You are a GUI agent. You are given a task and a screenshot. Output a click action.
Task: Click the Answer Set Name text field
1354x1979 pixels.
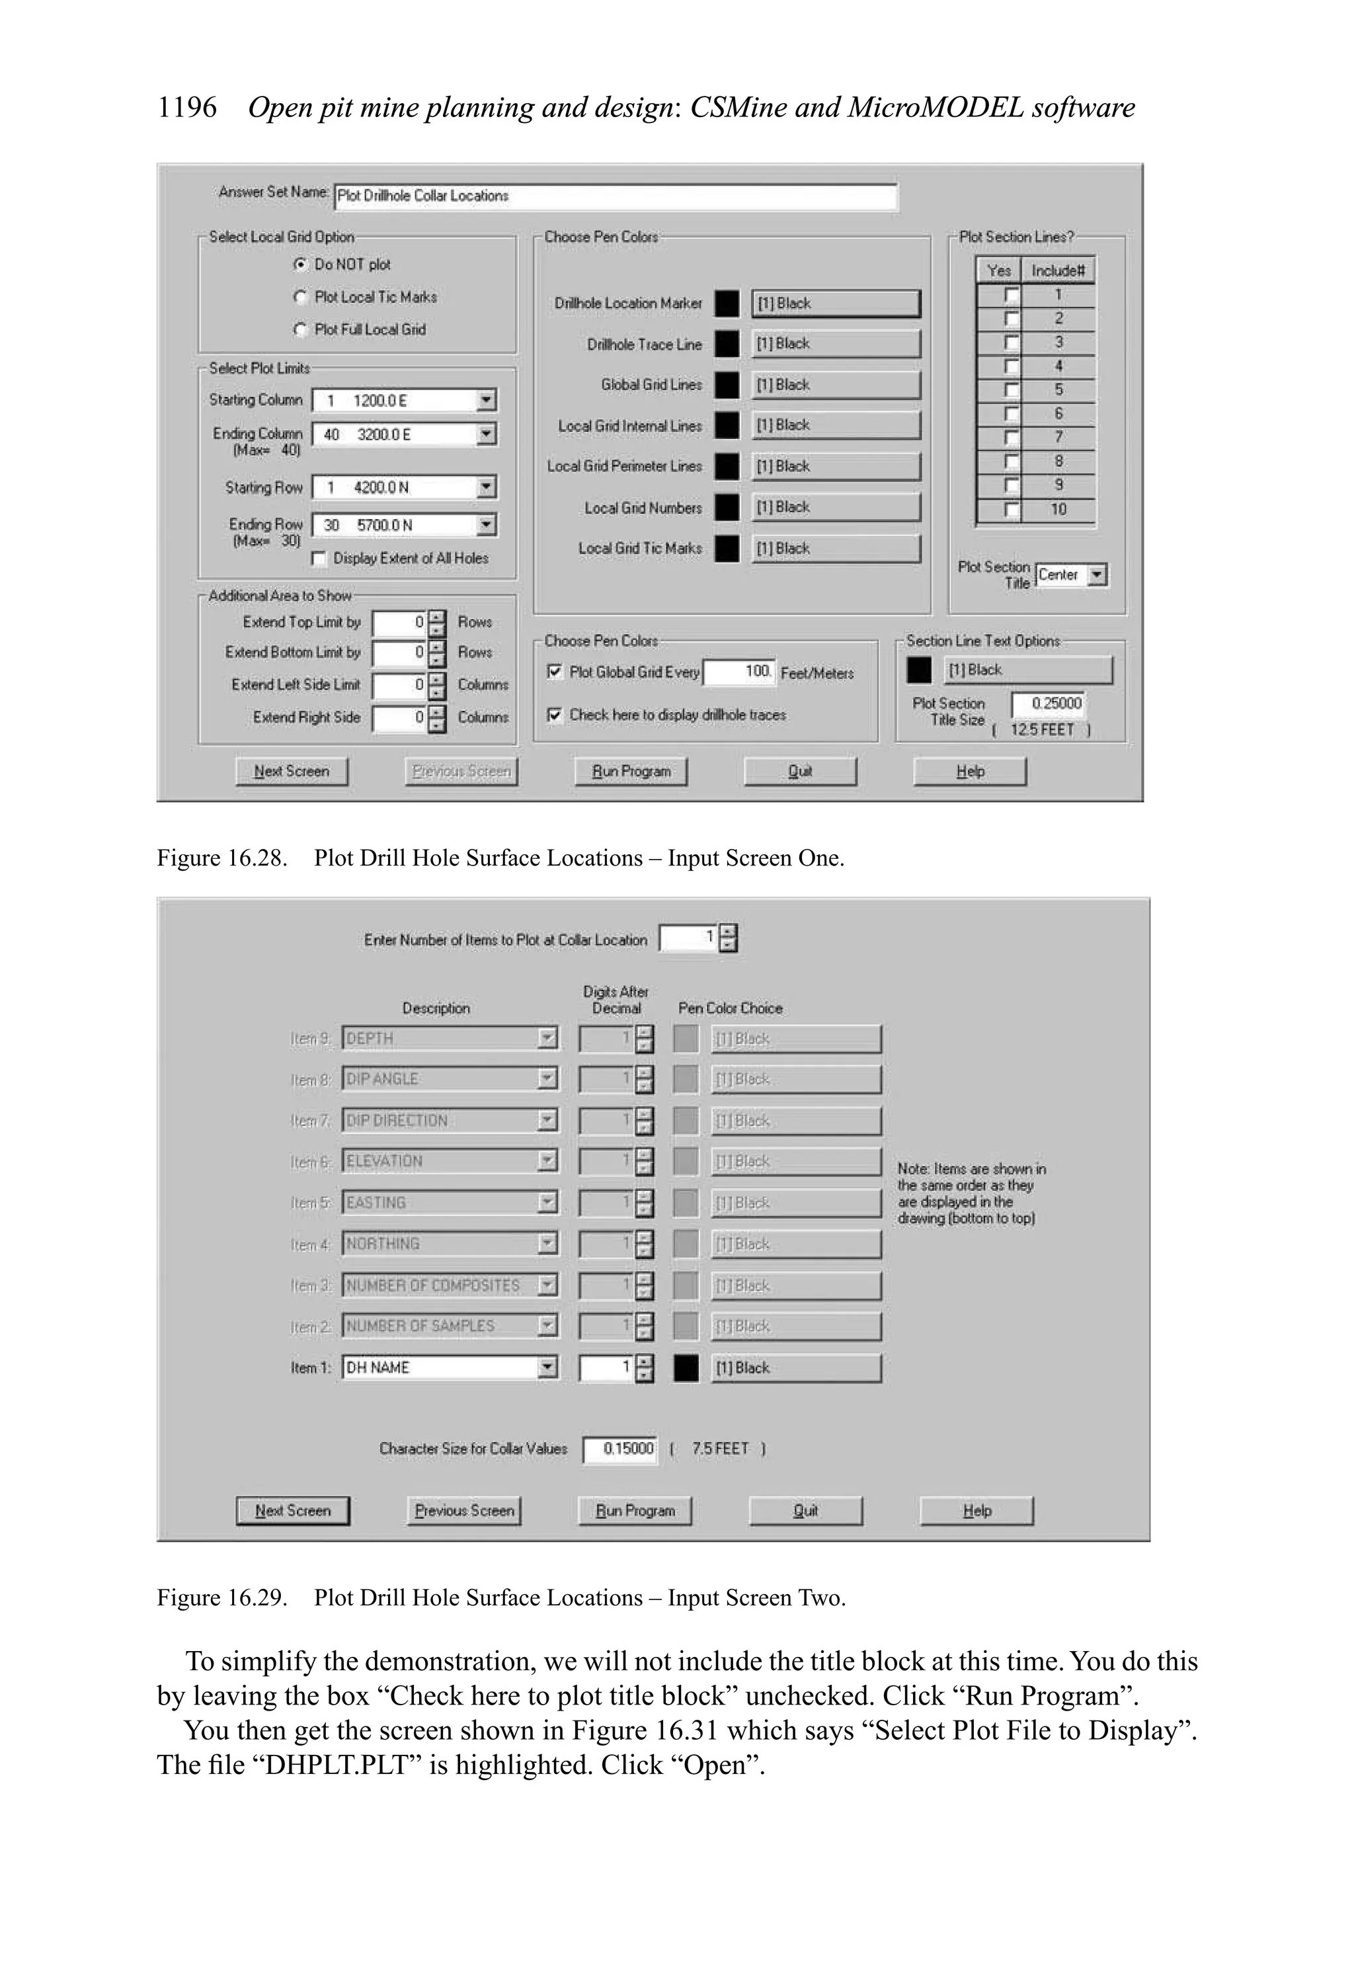coord(615,196)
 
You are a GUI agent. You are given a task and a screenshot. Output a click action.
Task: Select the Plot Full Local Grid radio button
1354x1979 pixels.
coord(299,329)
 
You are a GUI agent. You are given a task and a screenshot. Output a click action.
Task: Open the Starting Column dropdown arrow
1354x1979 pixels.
coord(485,400)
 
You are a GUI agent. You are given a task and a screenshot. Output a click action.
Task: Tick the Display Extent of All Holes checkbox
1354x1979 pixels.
coord(320,559)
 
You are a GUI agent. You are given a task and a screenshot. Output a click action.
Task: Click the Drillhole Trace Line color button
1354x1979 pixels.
coord(836,344)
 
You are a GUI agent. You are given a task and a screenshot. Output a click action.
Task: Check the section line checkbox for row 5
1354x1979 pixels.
coord(1011,390)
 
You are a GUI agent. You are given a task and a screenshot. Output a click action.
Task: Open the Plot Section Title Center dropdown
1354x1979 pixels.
coord(1097,576)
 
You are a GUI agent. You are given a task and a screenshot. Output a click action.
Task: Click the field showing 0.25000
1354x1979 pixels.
coord(1047,704)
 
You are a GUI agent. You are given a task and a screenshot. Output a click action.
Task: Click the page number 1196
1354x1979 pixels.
coord(187,108)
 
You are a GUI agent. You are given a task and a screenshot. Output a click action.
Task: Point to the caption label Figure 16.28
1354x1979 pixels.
coord(221,858)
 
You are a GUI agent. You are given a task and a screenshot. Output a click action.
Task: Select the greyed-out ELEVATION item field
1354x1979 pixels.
coord(440,1162)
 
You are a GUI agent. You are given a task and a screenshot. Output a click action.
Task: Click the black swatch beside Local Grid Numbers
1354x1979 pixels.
coord(727,508)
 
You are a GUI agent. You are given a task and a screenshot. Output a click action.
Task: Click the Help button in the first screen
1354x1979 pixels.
coord(969,772)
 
